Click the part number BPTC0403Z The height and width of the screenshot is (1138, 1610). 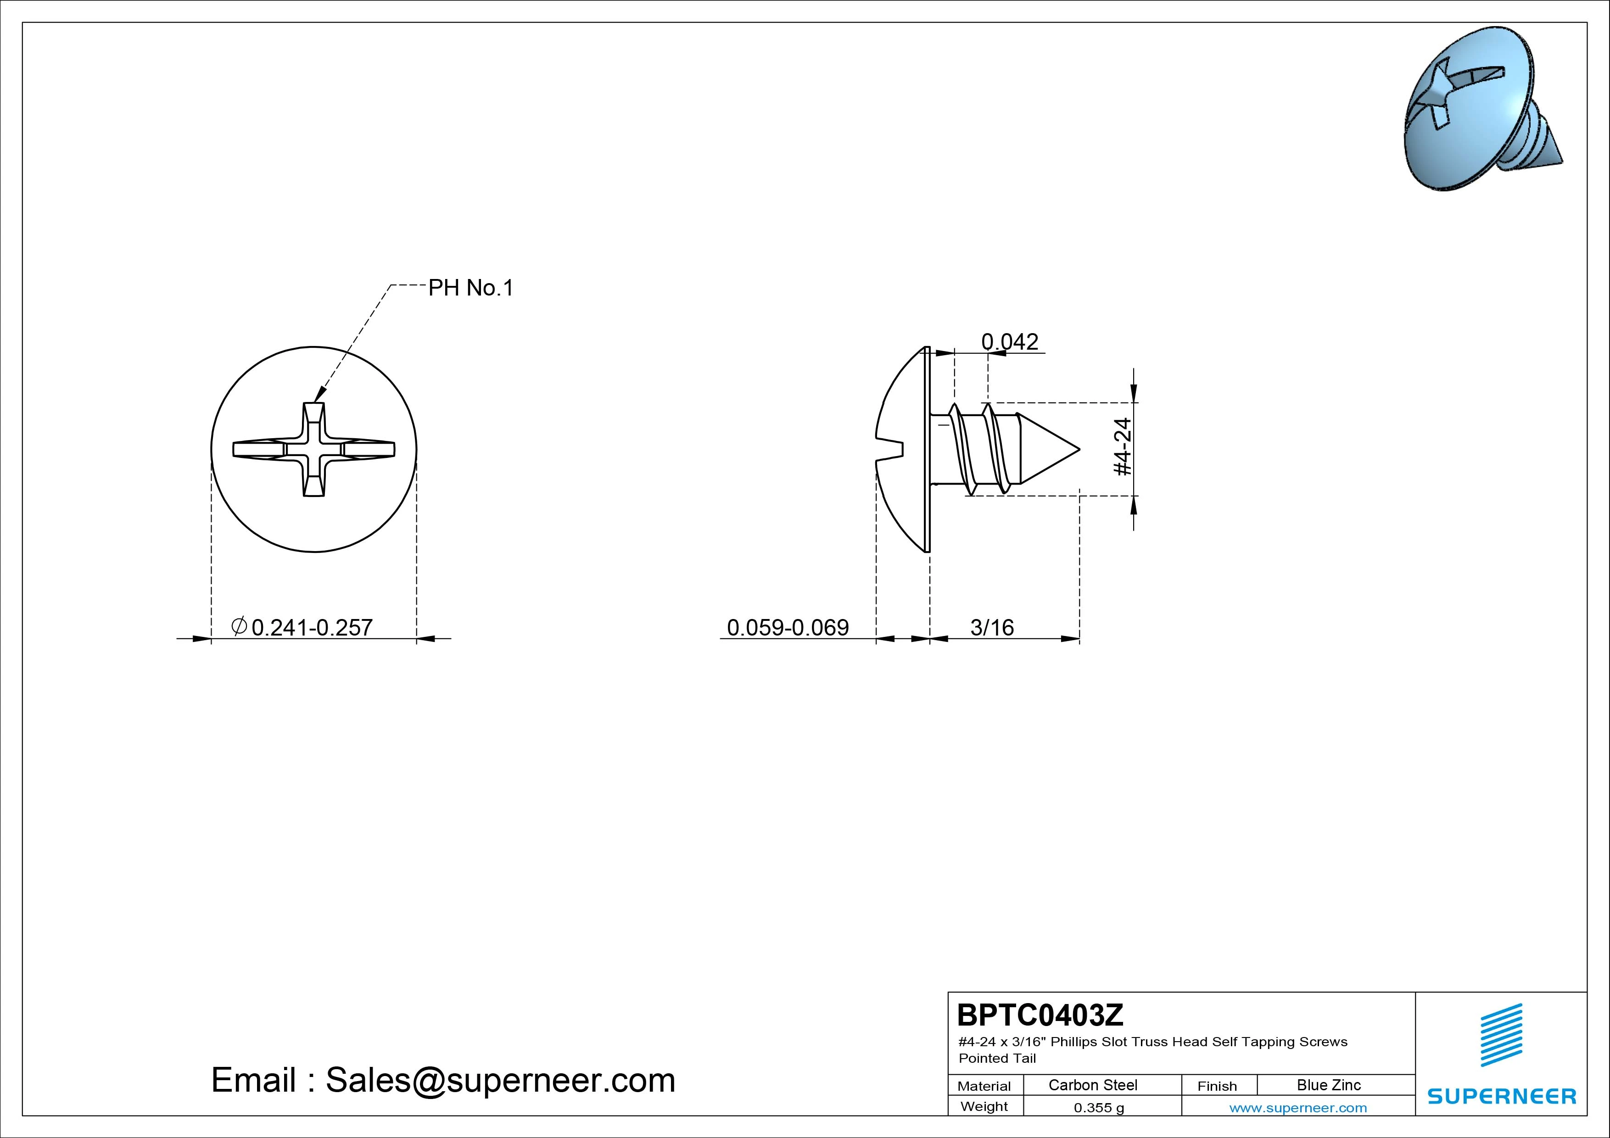[x=1040, y=1014]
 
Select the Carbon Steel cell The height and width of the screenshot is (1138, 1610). [x=1092, y=1085]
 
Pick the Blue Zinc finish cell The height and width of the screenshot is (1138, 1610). [x=1329, y=1085]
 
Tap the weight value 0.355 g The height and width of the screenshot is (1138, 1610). [x=1099, y=1108]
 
